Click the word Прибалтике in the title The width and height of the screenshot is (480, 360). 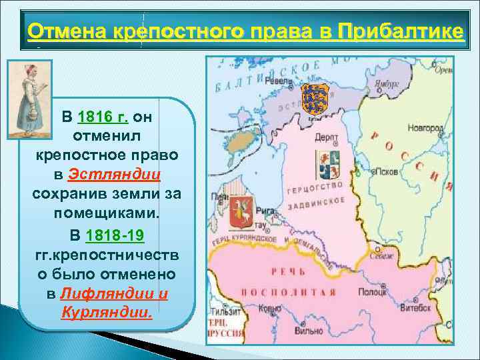400,31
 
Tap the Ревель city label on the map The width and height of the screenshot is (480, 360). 275,81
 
